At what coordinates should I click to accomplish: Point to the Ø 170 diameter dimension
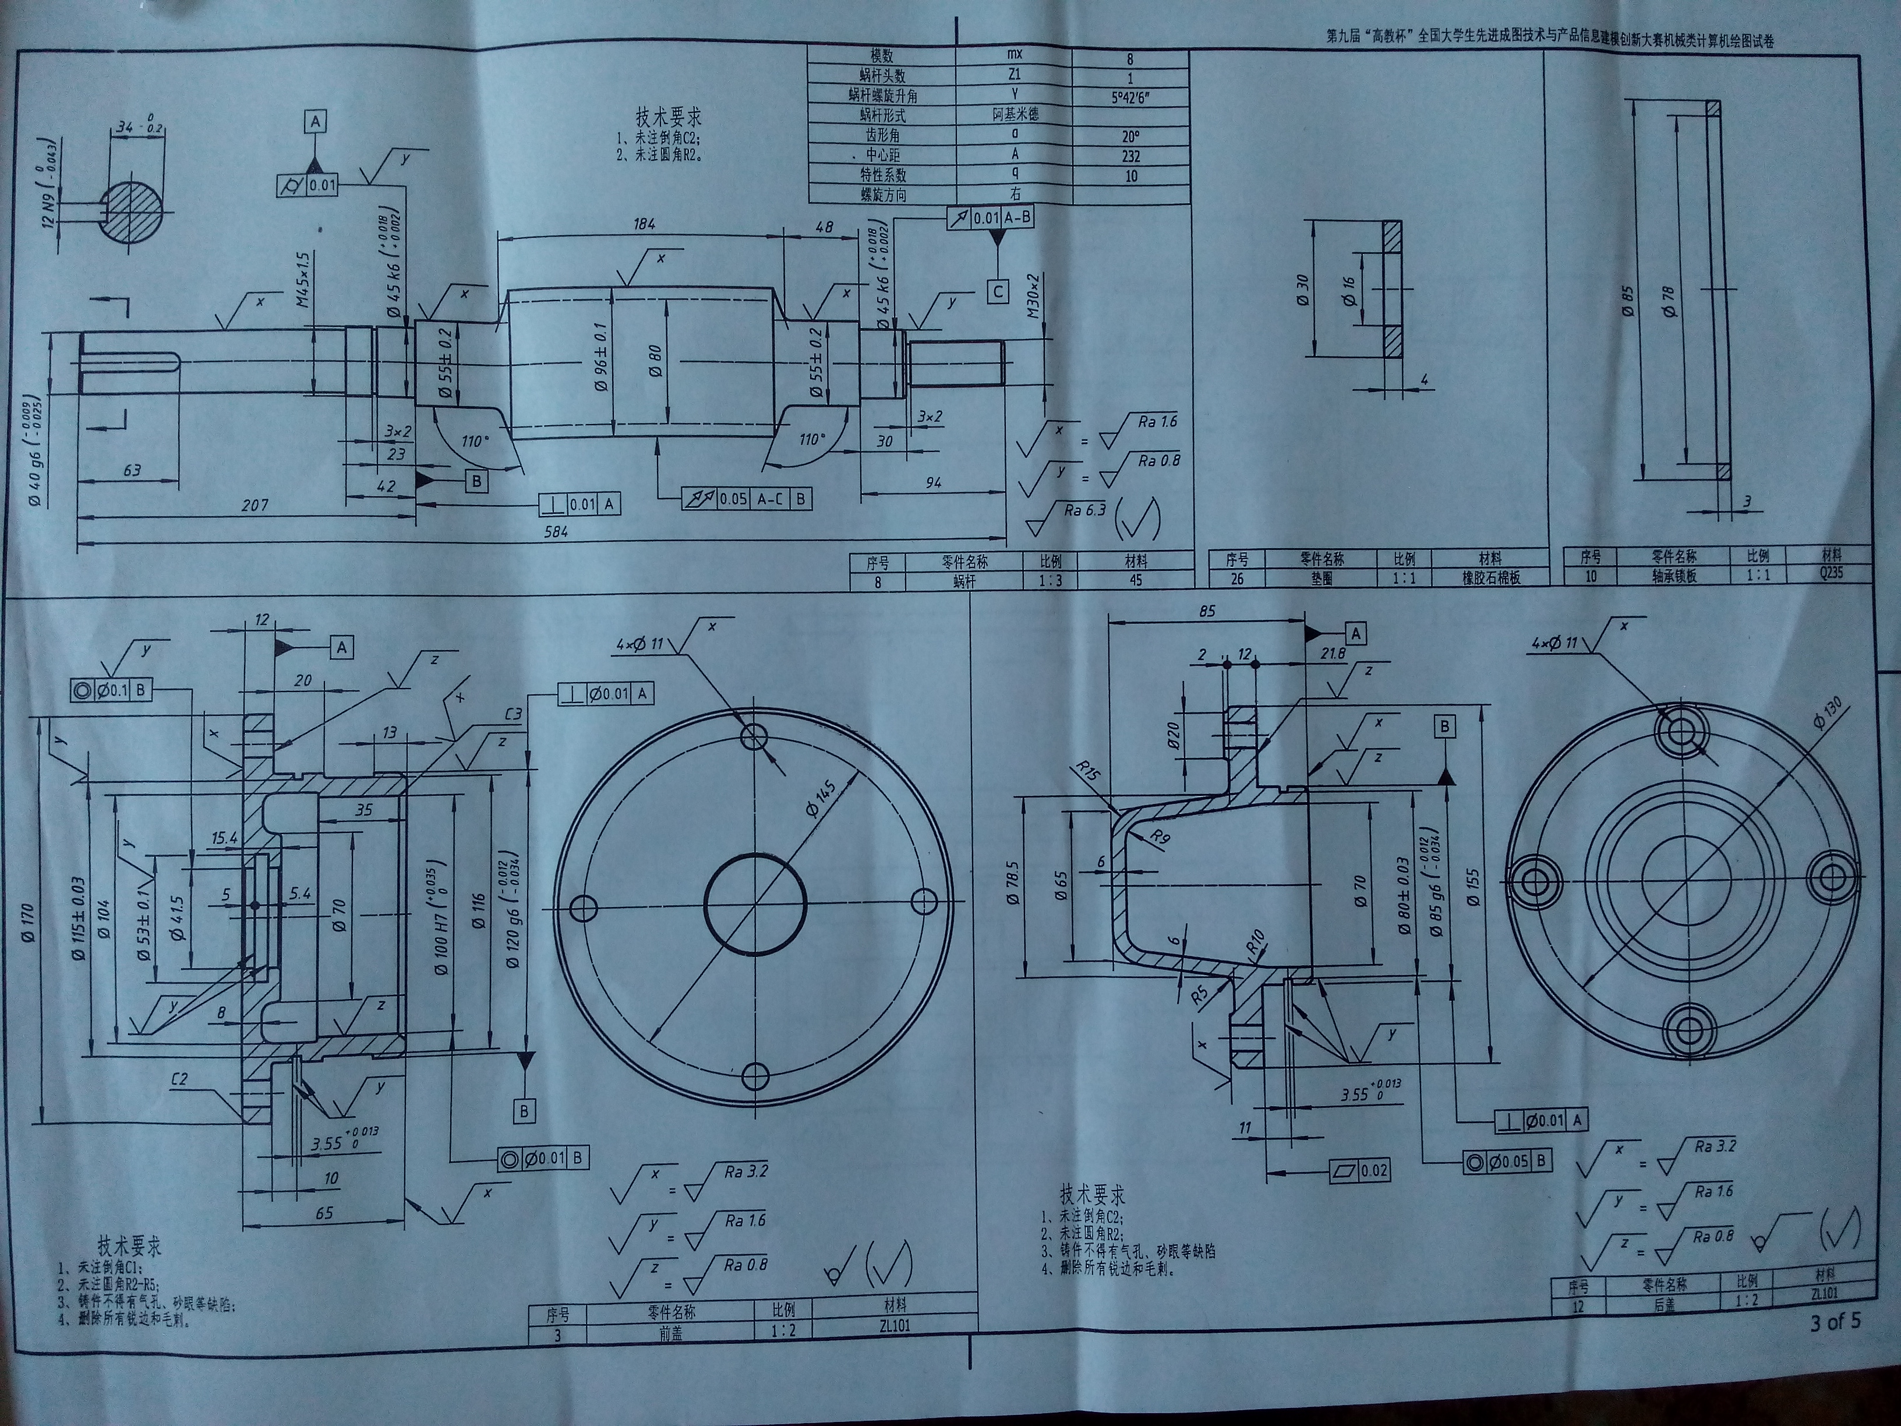31,926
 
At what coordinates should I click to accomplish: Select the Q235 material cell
1831,573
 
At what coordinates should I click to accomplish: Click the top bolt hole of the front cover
755,735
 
